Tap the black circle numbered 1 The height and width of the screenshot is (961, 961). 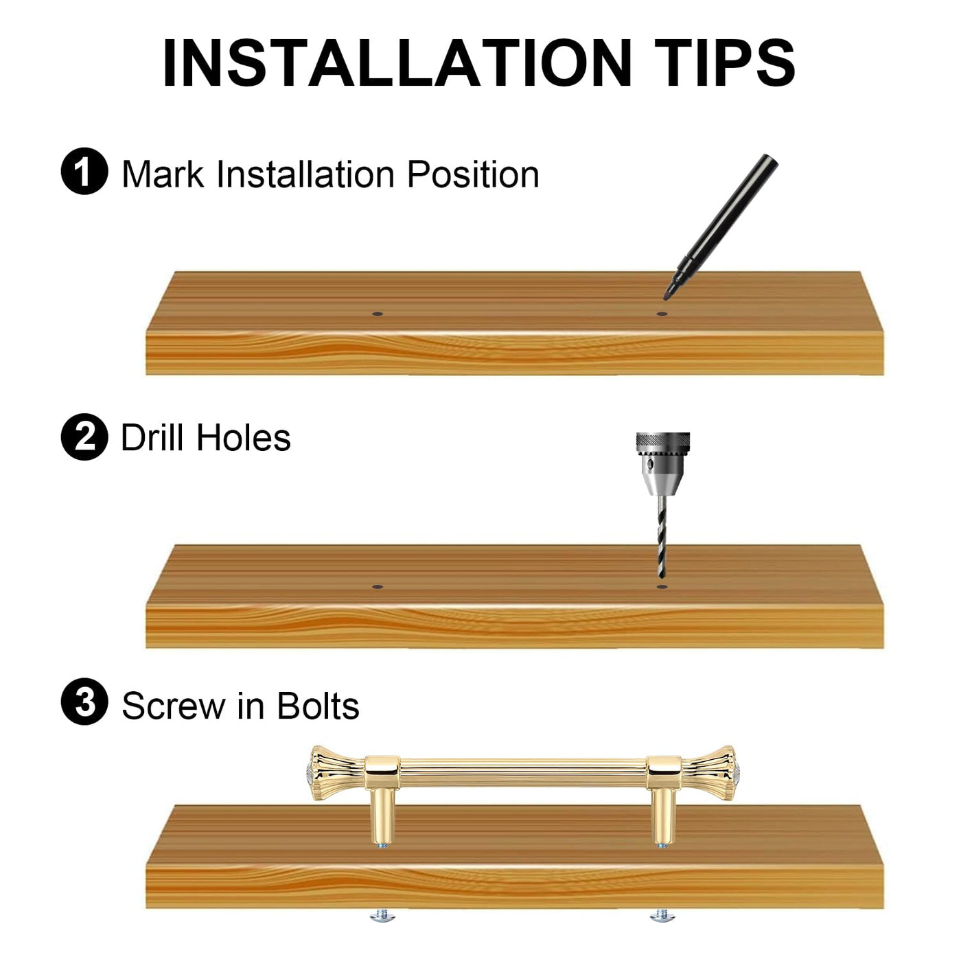(84, 171)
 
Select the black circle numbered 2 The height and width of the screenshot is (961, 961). (84, 437)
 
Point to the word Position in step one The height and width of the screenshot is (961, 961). (473, 175)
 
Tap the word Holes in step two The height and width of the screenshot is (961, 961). (244, 437)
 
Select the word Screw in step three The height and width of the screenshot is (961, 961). (174, 706)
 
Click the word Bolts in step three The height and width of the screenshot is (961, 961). (318, 706)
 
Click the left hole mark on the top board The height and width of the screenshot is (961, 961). (378, 314)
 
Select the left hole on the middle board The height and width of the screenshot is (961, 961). (378, 587)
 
